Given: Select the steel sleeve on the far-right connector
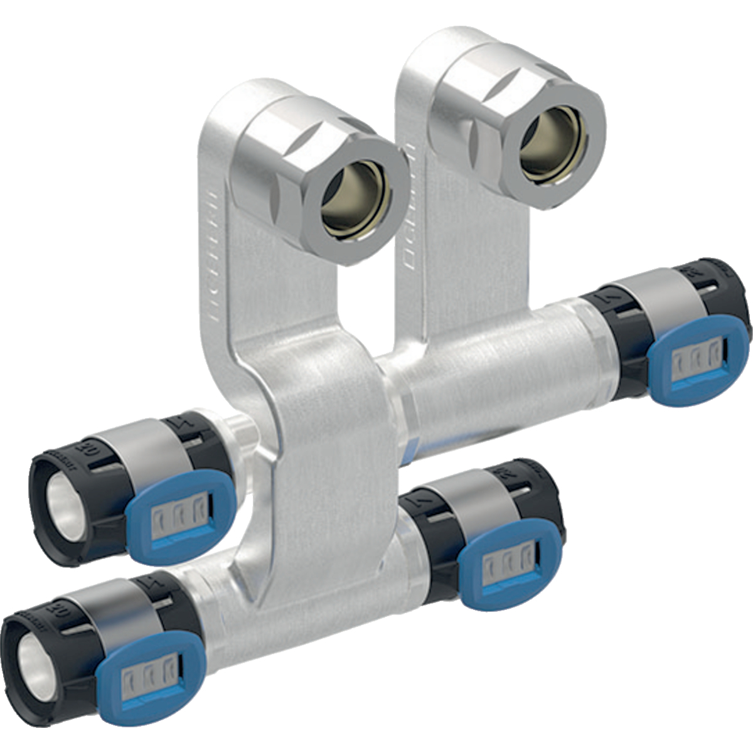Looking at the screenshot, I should [x=653, y=295].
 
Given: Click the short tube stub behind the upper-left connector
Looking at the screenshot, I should [x=242, y=433].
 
